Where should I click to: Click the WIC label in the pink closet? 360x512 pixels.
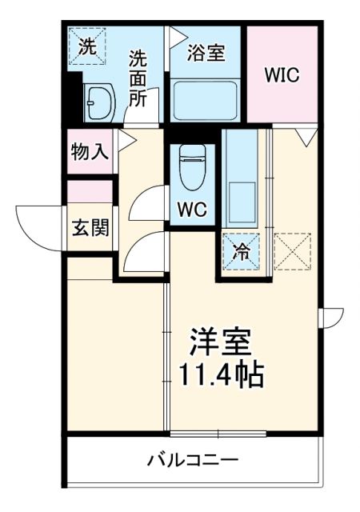(282, 75)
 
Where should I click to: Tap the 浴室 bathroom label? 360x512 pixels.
(206, 54)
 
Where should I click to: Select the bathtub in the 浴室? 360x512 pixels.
(205, 99)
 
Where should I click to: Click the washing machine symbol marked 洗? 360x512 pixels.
(86, 45)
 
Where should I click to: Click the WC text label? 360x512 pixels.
(192, 210)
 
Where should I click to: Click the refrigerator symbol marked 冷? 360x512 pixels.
(241, 250)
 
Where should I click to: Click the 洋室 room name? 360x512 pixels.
(220, 343)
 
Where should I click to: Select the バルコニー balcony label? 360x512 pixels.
(192, 461)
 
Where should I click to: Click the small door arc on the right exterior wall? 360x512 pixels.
(330, 318)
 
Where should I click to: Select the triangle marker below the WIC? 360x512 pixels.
(304, 137)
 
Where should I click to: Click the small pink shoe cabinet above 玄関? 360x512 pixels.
(89, 192)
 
